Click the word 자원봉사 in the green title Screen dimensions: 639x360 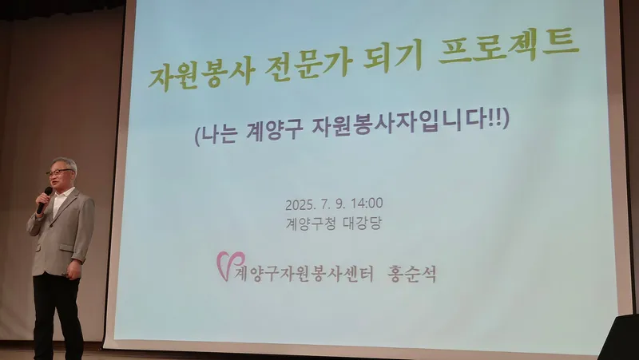click(202, 74)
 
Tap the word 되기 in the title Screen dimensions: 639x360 click(392, 56)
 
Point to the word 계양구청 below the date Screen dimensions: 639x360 click(308, 224)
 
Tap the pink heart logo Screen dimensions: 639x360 click(229, 265)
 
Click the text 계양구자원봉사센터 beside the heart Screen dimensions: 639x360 click(304, 274)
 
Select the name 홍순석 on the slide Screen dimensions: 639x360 click(411, 274)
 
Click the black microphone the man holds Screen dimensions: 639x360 click(44, 200)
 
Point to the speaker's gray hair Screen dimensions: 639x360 click(65, 163)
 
